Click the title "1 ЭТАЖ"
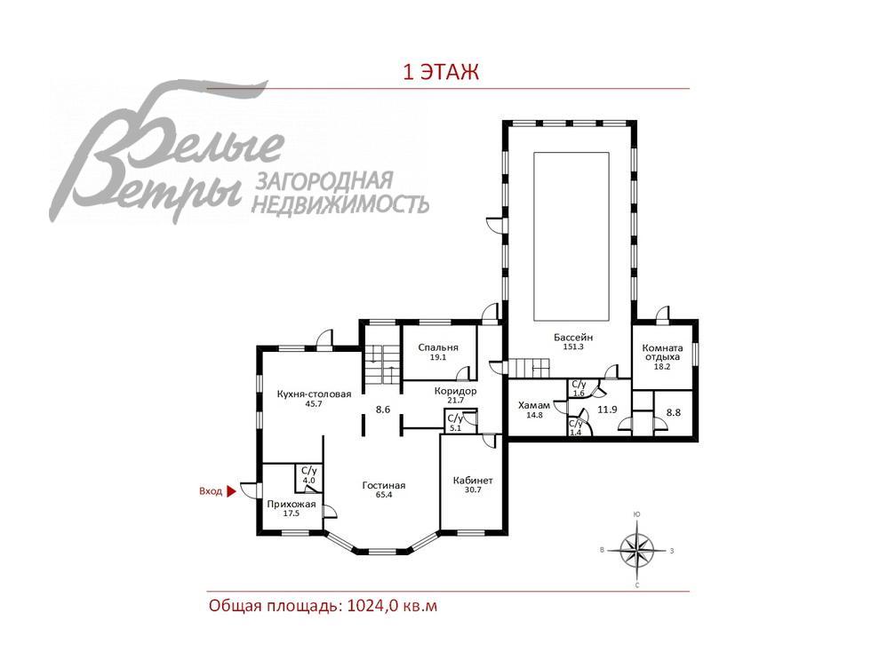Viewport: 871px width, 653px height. point(441,73)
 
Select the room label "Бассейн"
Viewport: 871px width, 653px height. point(573,338)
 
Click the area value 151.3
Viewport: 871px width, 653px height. point(573,347)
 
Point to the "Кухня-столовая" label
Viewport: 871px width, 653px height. point(314,394)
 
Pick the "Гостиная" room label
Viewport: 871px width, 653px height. point(384,485)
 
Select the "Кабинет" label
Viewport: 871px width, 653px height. point(473,481)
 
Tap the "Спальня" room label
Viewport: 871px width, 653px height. point(437,347)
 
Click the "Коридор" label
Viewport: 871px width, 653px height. point(455,391)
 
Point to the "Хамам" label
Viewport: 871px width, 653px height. point(534,405)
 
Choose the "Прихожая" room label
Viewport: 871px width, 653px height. point(291,504)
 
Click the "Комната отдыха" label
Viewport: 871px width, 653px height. point(664,353)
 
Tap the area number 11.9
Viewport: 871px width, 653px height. point(608,410)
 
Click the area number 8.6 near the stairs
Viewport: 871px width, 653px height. point(383,410)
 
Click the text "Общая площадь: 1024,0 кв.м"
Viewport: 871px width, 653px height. point(324,606)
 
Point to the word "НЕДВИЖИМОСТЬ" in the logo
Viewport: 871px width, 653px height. point(341,205)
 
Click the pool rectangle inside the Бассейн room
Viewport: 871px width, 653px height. point(571,236)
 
